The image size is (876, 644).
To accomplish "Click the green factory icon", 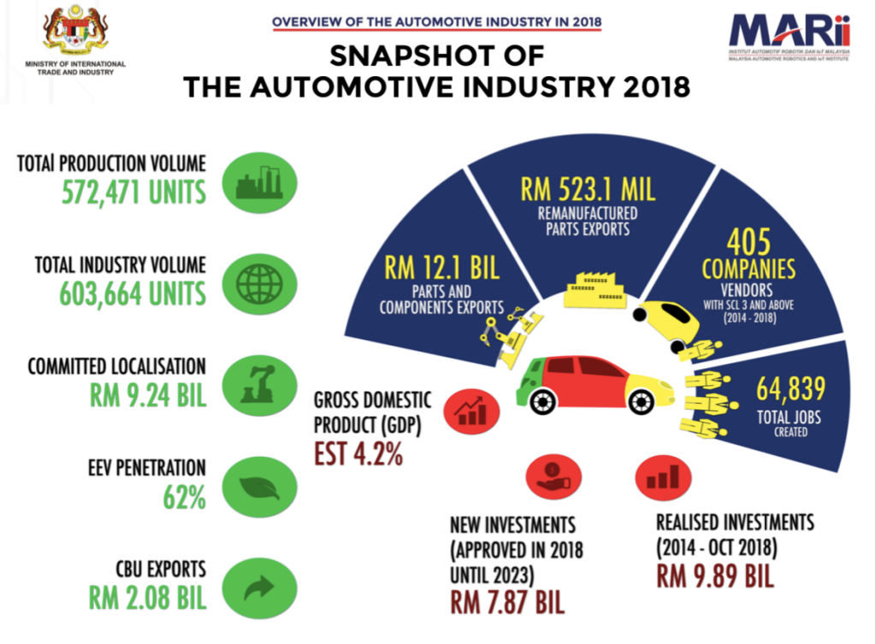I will click(259, 181).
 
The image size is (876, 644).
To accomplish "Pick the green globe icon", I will click(259, 281).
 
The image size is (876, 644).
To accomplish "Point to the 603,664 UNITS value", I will click(133, 293).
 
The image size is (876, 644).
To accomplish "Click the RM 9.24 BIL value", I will click(148, 395).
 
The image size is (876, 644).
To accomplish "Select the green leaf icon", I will click(259, 486).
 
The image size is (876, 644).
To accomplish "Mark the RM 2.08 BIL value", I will click(148, 597).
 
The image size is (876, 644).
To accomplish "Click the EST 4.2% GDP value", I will click(358, 453).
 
